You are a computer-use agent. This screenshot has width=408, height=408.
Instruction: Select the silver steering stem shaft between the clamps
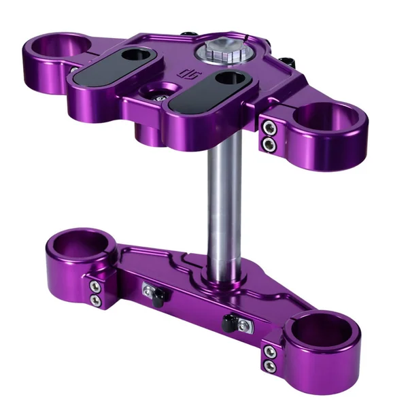click(x=224, y=204)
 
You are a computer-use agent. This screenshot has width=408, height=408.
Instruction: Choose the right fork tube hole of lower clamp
click(x=322, y=330)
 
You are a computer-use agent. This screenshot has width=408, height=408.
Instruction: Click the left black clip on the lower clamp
click(x=154, y=293)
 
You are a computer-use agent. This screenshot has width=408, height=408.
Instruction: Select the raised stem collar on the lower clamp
click(x=224, y=272)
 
